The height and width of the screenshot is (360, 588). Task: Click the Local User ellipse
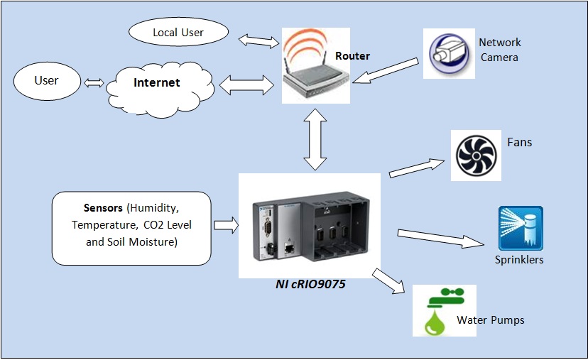pyautogui.click(x=178, y=32)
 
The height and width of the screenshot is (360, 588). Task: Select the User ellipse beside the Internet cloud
pyautogui.click(x=47, y=81)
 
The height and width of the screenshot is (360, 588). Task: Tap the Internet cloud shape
pyautogui.click(x=160, y=89)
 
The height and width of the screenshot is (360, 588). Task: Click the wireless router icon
pyautogui.click(x=316, y=65)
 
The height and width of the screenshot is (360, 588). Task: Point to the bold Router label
pyautogui.click(x=352, y=56)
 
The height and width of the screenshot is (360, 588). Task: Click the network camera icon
pyautogui.click(x=450, y=54)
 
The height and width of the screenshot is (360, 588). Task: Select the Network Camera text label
pyautogui.click(x=499, y=50)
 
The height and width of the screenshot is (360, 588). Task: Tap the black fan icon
pyautogui.click(x=476, y=156)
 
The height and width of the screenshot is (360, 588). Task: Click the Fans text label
pyautogui.click(x=519, y=143)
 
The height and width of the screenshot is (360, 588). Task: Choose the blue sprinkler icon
pyautogui.click(x=521, y=228)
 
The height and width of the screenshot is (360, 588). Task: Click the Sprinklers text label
pyautogui.click(x=519, y=259)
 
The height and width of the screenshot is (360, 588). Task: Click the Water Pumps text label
pyautogui.click(x=491, y=320)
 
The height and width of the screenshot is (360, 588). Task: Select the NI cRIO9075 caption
pyautogui.click(x=310, y=284)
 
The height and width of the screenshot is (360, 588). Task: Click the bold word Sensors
pyautogui.click(x=103, y=208)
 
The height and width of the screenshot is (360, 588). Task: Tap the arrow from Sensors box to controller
pyautogui.click(x=226, y=225)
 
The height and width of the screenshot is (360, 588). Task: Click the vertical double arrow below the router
pyautogui.click(x=315, y=139)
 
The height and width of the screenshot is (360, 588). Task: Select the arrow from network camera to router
pyautogui.click(x=386, y=70)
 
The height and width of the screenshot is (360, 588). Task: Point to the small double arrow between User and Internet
pyautogui.click(x=94, y=83)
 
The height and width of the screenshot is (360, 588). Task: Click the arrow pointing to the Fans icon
pyautogui.click(x=417, y=168)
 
